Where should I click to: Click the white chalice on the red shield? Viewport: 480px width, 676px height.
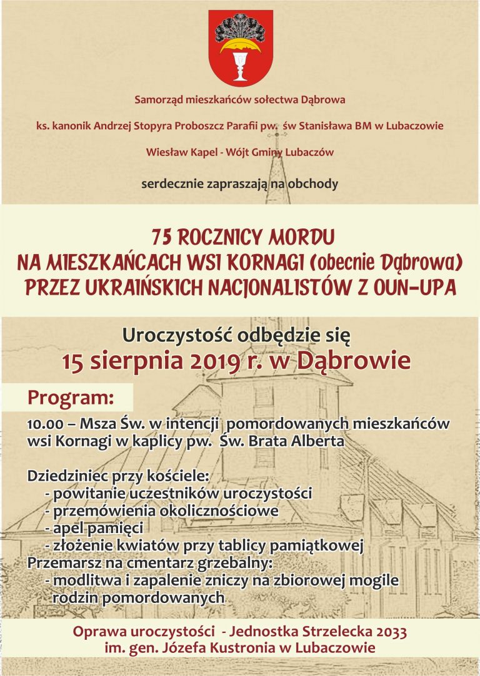click(x=239, y=65)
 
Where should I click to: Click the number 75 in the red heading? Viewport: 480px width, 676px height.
click(x=162, y=238)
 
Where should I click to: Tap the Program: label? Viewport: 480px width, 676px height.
click(x=71, y=398)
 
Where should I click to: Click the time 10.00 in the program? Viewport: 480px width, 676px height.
click(x=45, y=424)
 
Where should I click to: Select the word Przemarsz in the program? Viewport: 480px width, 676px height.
click(x=59, y=563)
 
